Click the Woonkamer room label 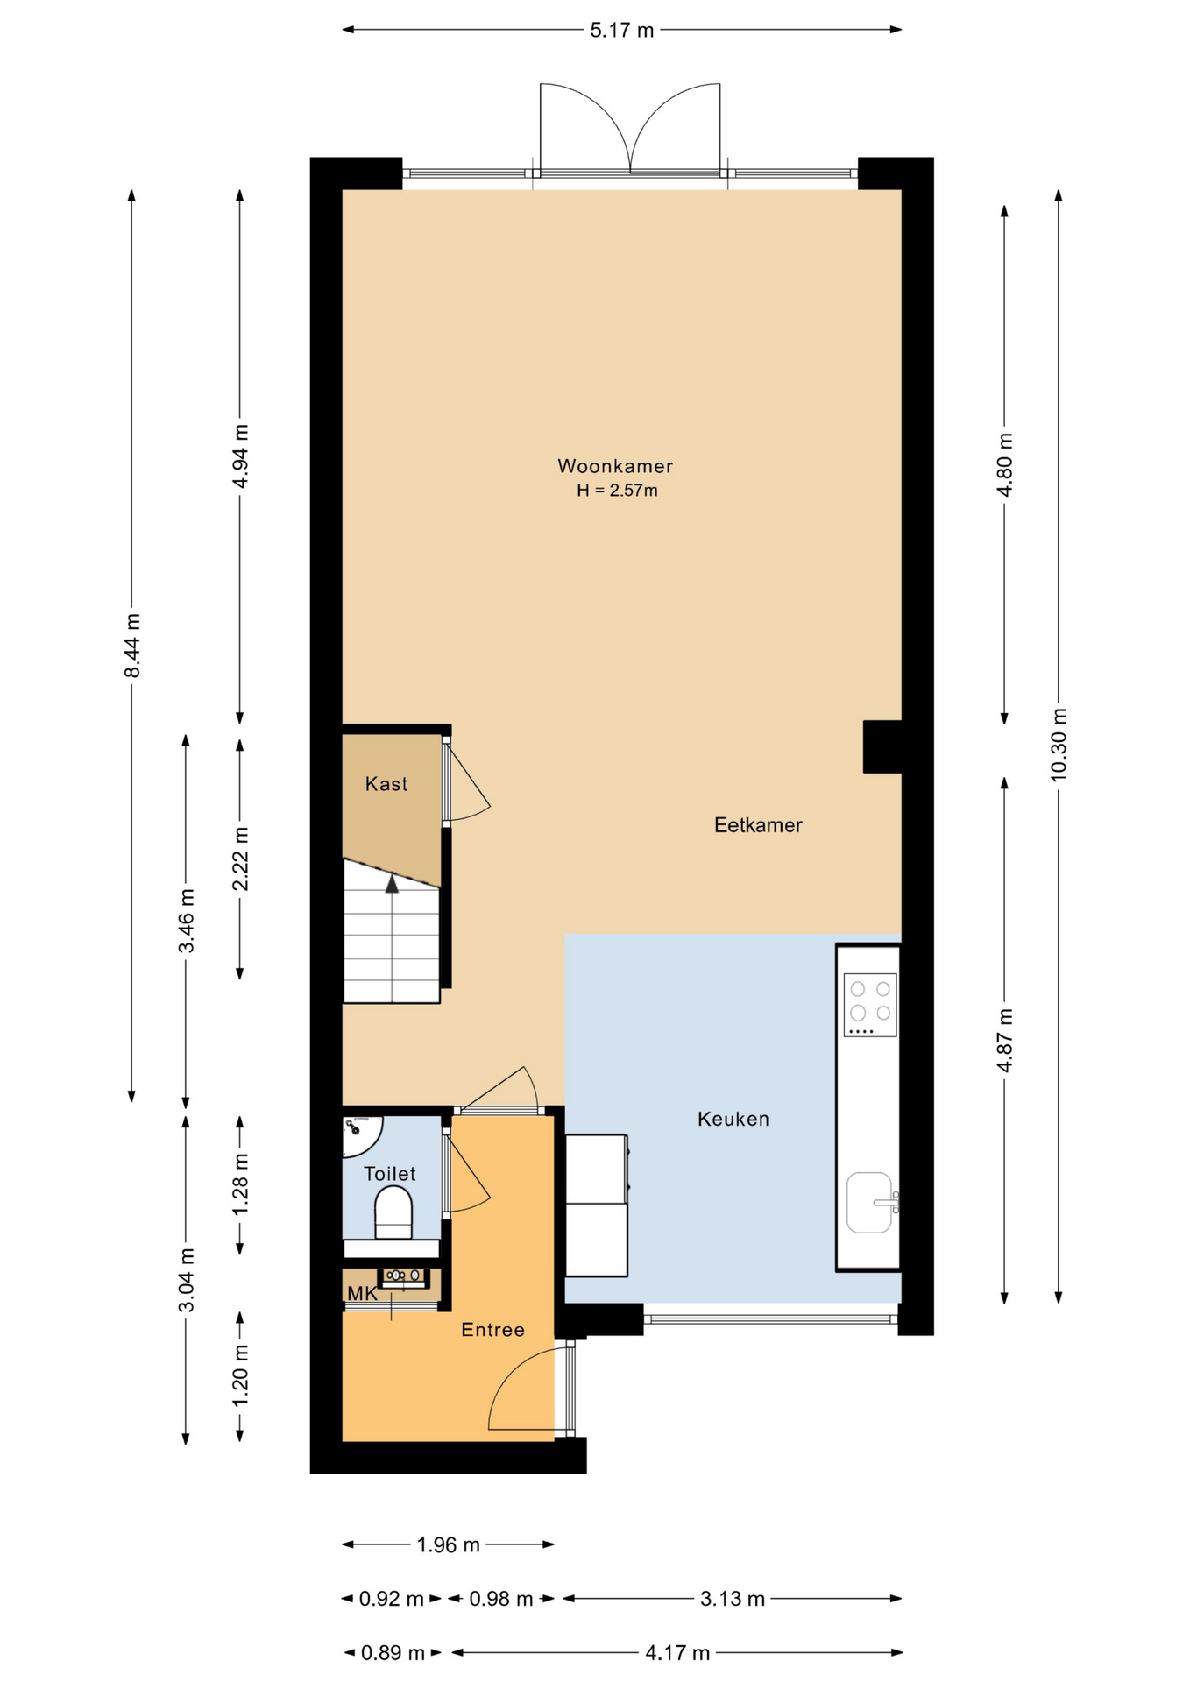point(615,466)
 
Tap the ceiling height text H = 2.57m point(617,491)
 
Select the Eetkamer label point(758,825)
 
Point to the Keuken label point(733,1119)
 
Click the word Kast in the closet point(386,784)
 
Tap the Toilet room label point(390,1174)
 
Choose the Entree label point(493,1330)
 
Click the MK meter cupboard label point(362,1294)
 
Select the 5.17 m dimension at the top point(622,31)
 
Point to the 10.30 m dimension point(1059,744)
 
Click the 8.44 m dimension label point(132,646)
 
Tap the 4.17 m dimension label point(677,1653)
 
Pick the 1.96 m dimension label point(449,1544)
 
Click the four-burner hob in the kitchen point(870,1005)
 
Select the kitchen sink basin point(869,1202)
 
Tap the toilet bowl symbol point(393,1212)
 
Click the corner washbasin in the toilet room point(359,1135)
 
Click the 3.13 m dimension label point(733,1599)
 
